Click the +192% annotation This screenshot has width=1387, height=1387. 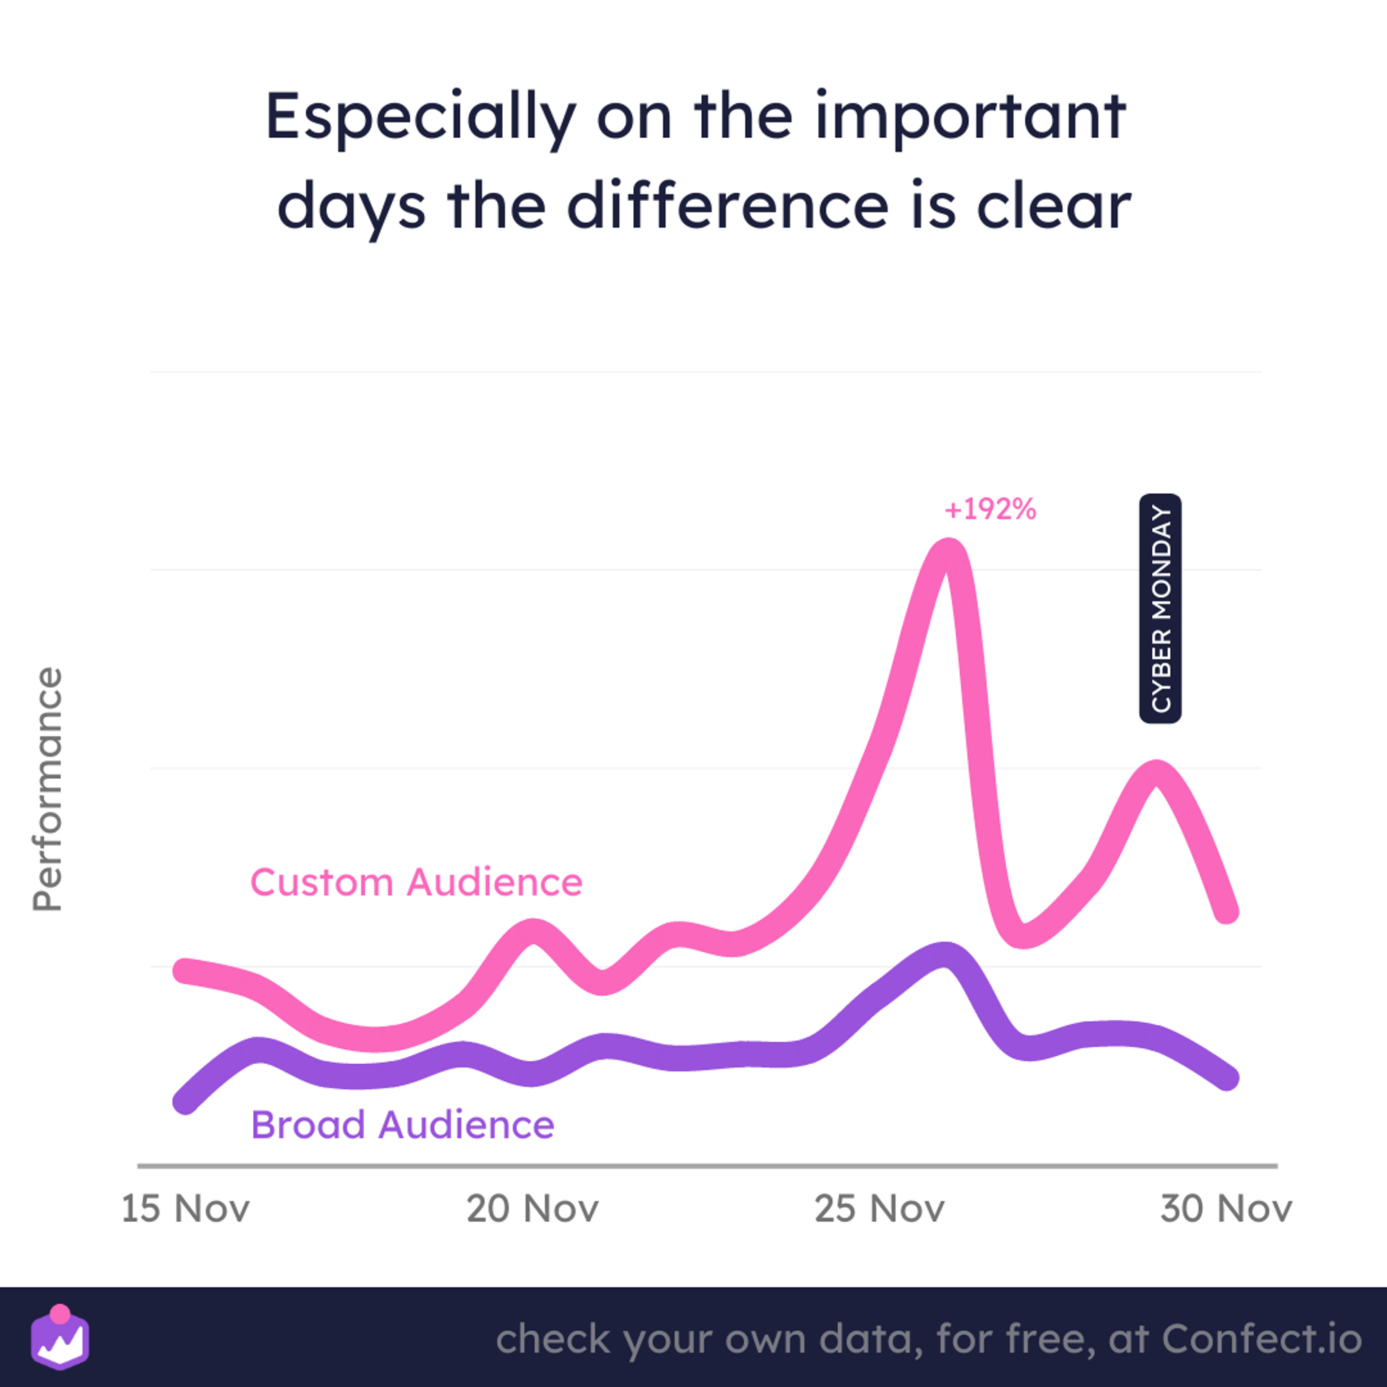(990, 509)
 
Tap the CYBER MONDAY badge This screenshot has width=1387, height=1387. (1160, 608)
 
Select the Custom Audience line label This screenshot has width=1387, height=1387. (416, 881)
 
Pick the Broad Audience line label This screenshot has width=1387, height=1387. (403, 1124)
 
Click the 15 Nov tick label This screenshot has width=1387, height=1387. (185, 1208)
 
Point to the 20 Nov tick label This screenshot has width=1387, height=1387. (532, 1208)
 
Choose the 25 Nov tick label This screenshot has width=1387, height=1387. (879, 1208)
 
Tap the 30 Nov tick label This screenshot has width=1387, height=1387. (1226, 1208)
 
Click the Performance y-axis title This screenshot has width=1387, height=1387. (48, 790)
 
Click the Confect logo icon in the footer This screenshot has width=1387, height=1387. (60, 1337)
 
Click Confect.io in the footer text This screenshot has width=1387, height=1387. (1261, 1339)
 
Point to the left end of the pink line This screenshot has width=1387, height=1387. (185, 971)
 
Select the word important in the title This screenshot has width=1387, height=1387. (971, 118)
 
